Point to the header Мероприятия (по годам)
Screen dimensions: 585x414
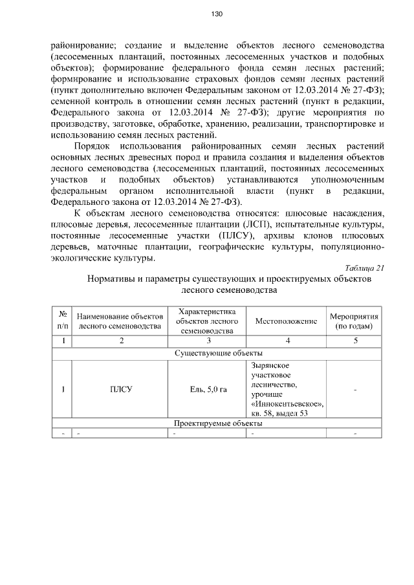tap(354, 321)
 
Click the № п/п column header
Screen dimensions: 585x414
tap(62, 321)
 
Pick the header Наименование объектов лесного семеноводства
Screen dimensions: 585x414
tap(120, 321)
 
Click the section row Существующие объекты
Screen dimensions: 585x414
tap(218, 353)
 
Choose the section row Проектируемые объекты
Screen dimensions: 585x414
tap(218, 423)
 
